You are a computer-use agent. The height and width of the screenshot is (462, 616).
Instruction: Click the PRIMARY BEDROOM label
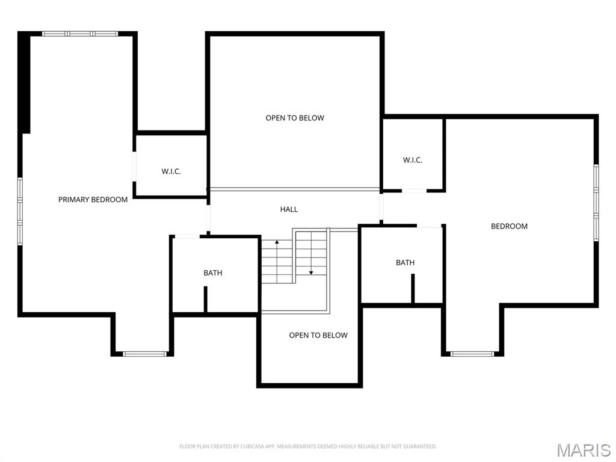(x=93, y=200)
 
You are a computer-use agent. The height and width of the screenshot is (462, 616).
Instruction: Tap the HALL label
(x=289, y=209)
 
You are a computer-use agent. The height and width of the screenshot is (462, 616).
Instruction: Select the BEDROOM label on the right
(x=509, y=226)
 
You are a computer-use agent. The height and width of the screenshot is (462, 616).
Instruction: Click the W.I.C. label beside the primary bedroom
(x=171, y=171)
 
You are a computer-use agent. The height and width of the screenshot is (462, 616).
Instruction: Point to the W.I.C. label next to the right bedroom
(x=412, y=160)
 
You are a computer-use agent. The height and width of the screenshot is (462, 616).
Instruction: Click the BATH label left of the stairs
(x=212, y=273)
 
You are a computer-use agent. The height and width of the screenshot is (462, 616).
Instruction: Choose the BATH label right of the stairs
(x=405, y=263)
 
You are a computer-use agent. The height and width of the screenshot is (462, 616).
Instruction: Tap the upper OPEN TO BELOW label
(x=295, y=118)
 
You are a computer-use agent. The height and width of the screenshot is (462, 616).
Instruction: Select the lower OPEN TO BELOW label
(x=318, y=335)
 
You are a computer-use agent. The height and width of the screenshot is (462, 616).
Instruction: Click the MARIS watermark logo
(x=583, y=450)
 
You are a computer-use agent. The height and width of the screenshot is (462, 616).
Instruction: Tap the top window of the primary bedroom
(x=79, y=34)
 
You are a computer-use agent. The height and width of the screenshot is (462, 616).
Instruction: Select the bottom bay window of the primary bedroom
(x=144, y=354)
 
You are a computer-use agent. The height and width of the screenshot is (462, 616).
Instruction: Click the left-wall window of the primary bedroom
(x=20, y=211)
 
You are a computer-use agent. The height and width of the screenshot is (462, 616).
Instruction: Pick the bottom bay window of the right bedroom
(x=472, y=354)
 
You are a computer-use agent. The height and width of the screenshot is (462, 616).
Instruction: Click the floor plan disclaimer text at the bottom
(x=307, y=446)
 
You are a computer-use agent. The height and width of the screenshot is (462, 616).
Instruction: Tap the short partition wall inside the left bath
(x=205, y=299)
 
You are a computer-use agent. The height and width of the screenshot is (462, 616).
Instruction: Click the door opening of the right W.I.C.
(x=413, y=191)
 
